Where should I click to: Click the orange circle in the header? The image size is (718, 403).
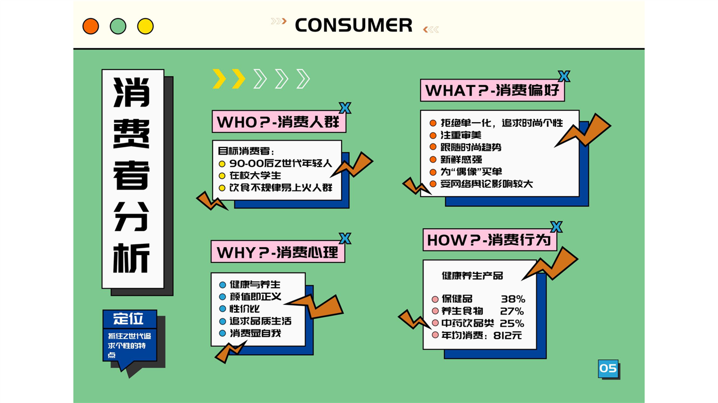pos(91,26)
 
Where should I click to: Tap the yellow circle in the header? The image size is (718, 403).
pos(145,26)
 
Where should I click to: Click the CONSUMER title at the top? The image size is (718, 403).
pos(353,25)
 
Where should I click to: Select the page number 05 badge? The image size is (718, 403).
pos(608,368)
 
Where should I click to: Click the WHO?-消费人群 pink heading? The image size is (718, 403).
pos(279,122)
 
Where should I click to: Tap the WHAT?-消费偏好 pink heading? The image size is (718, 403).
pos(493,90)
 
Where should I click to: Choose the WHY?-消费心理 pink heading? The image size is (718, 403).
pos(278,252)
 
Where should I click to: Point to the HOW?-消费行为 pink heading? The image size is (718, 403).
pos(490,240)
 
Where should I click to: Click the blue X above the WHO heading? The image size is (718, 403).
pos(345,108)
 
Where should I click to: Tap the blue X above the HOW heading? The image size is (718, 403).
pos(556,227)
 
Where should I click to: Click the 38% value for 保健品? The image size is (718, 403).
pos(513,299)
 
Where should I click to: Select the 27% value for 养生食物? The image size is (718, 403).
pos(512,311)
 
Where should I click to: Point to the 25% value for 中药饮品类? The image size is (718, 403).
pos(512,323)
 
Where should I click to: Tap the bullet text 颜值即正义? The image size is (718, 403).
pos(255,297)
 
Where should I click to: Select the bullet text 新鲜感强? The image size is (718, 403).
pos(461,159)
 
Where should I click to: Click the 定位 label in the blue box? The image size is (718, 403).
pos(128,318)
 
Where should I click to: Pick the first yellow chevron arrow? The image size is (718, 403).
pos(219,78)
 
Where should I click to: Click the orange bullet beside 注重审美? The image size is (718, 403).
pos(433,135)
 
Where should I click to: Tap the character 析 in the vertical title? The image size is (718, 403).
pos(132,258)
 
